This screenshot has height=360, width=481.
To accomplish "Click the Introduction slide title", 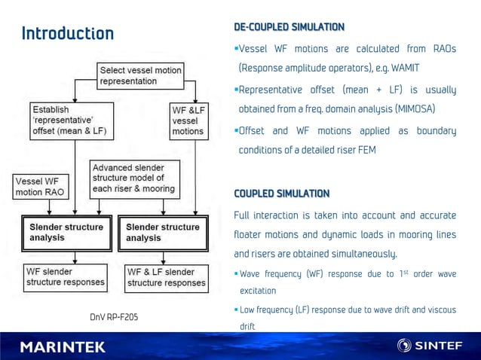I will coord(68,33).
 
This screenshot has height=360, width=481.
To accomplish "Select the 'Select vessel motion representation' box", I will coord(141,75).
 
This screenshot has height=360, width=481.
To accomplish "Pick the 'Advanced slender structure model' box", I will coord(133,178).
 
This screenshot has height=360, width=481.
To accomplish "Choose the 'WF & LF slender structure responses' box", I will coord(166,277).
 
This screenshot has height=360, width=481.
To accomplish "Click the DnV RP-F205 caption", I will coord(112,317).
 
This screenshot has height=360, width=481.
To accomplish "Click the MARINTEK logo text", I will coord(63,346).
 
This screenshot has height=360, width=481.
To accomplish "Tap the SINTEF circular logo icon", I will coord(405,346).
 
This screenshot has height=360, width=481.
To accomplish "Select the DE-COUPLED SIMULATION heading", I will coord(289,27).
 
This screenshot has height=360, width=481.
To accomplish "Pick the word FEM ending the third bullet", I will coord(366,150).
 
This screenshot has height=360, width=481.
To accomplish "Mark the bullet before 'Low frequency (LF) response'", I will coord(236,310).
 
